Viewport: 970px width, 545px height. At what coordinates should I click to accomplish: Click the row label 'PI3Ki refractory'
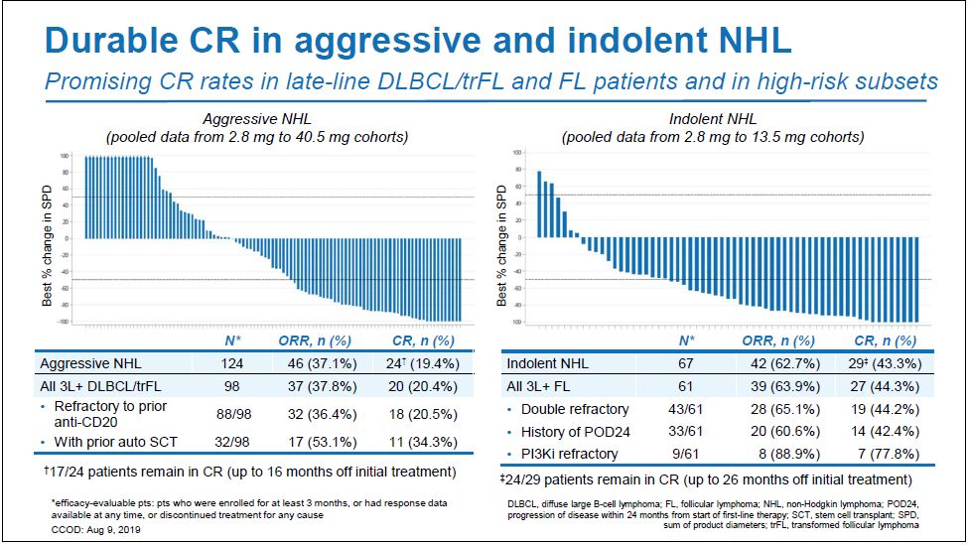(569, 454)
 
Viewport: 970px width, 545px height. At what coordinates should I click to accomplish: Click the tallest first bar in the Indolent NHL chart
(538, 204)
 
